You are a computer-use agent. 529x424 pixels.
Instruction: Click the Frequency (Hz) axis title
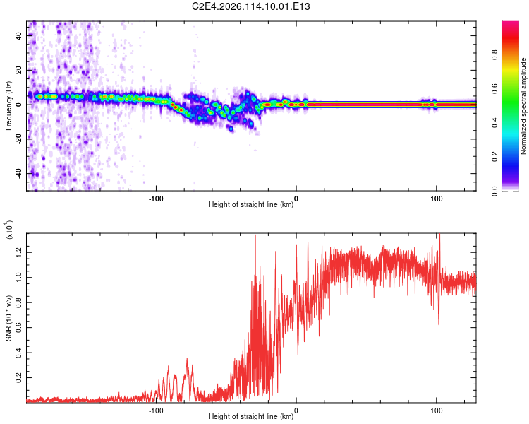9,106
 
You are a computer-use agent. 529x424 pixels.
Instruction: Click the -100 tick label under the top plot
156,198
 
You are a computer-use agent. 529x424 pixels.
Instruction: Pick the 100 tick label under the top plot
437,198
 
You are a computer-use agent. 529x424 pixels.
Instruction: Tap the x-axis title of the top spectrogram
251,205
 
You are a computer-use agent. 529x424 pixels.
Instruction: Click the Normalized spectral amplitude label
524,106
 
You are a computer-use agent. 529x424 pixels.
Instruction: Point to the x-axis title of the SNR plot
251,417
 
